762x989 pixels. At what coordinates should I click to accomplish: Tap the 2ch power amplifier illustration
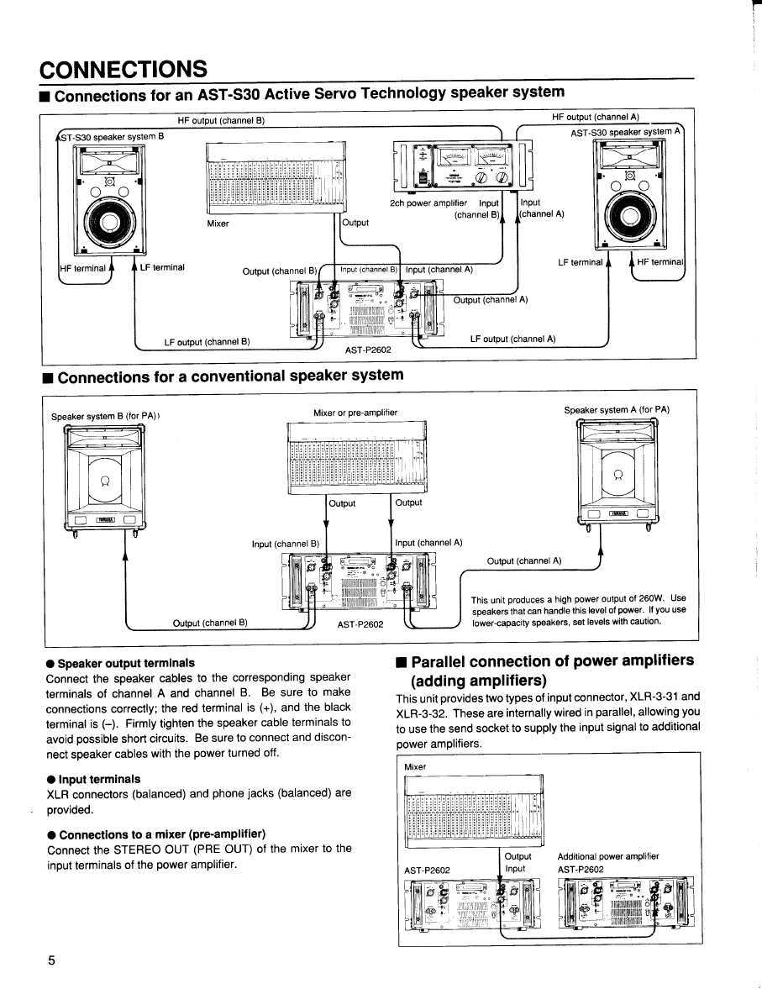point(459,165)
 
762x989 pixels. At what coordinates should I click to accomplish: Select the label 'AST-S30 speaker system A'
point(625,132)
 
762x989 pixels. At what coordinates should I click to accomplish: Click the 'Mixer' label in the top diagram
point(218,224)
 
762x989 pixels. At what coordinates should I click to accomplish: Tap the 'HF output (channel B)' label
point(221,120)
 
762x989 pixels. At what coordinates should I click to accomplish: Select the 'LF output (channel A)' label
point(512,339)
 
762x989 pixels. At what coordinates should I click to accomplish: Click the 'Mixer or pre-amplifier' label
point(355,413)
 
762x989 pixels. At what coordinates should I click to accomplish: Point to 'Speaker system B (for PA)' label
point(105,416)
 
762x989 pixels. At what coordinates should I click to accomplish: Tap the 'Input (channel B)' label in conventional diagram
point(285,544)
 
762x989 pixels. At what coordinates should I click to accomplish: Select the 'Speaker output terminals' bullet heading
point(125,663)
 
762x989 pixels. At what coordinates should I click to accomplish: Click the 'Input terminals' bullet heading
point(98,779)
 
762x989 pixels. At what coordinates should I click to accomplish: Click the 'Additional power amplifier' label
point(607,856)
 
